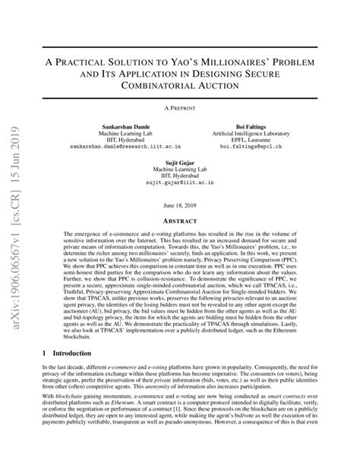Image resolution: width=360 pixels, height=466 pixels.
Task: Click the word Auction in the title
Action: click(x=225, y=87)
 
